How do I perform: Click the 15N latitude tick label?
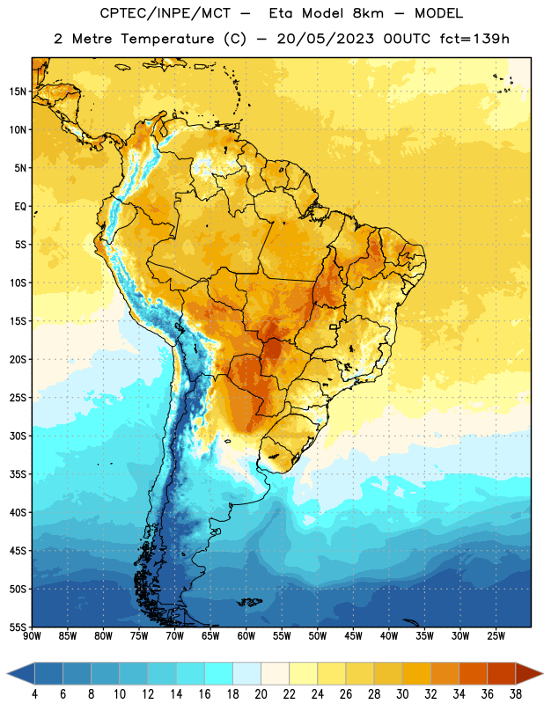point(18,92)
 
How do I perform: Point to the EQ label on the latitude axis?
point(20,207)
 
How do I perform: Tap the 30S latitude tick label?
point(18,436)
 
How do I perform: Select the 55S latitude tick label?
point(18,627)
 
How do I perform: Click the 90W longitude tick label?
point(32,636)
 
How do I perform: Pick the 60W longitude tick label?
point(246,636)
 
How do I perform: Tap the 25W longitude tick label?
point(496,636)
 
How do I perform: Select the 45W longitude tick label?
point(353,636)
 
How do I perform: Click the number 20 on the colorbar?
point(261,694)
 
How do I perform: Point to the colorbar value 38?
point(516,694)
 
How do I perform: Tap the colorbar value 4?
point(34,694)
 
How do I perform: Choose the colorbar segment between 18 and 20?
point(246,673)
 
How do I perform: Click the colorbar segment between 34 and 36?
point(473,673)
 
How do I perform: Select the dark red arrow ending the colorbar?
point(528,673)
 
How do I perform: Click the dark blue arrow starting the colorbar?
point(21,673)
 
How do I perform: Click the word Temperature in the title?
point(167,39)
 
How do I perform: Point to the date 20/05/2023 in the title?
point(325,39)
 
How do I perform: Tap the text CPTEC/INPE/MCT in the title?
point(165,13)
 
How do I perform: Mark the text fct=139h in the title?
point(474,39)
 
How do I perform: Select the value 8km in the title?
point(368,13)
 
